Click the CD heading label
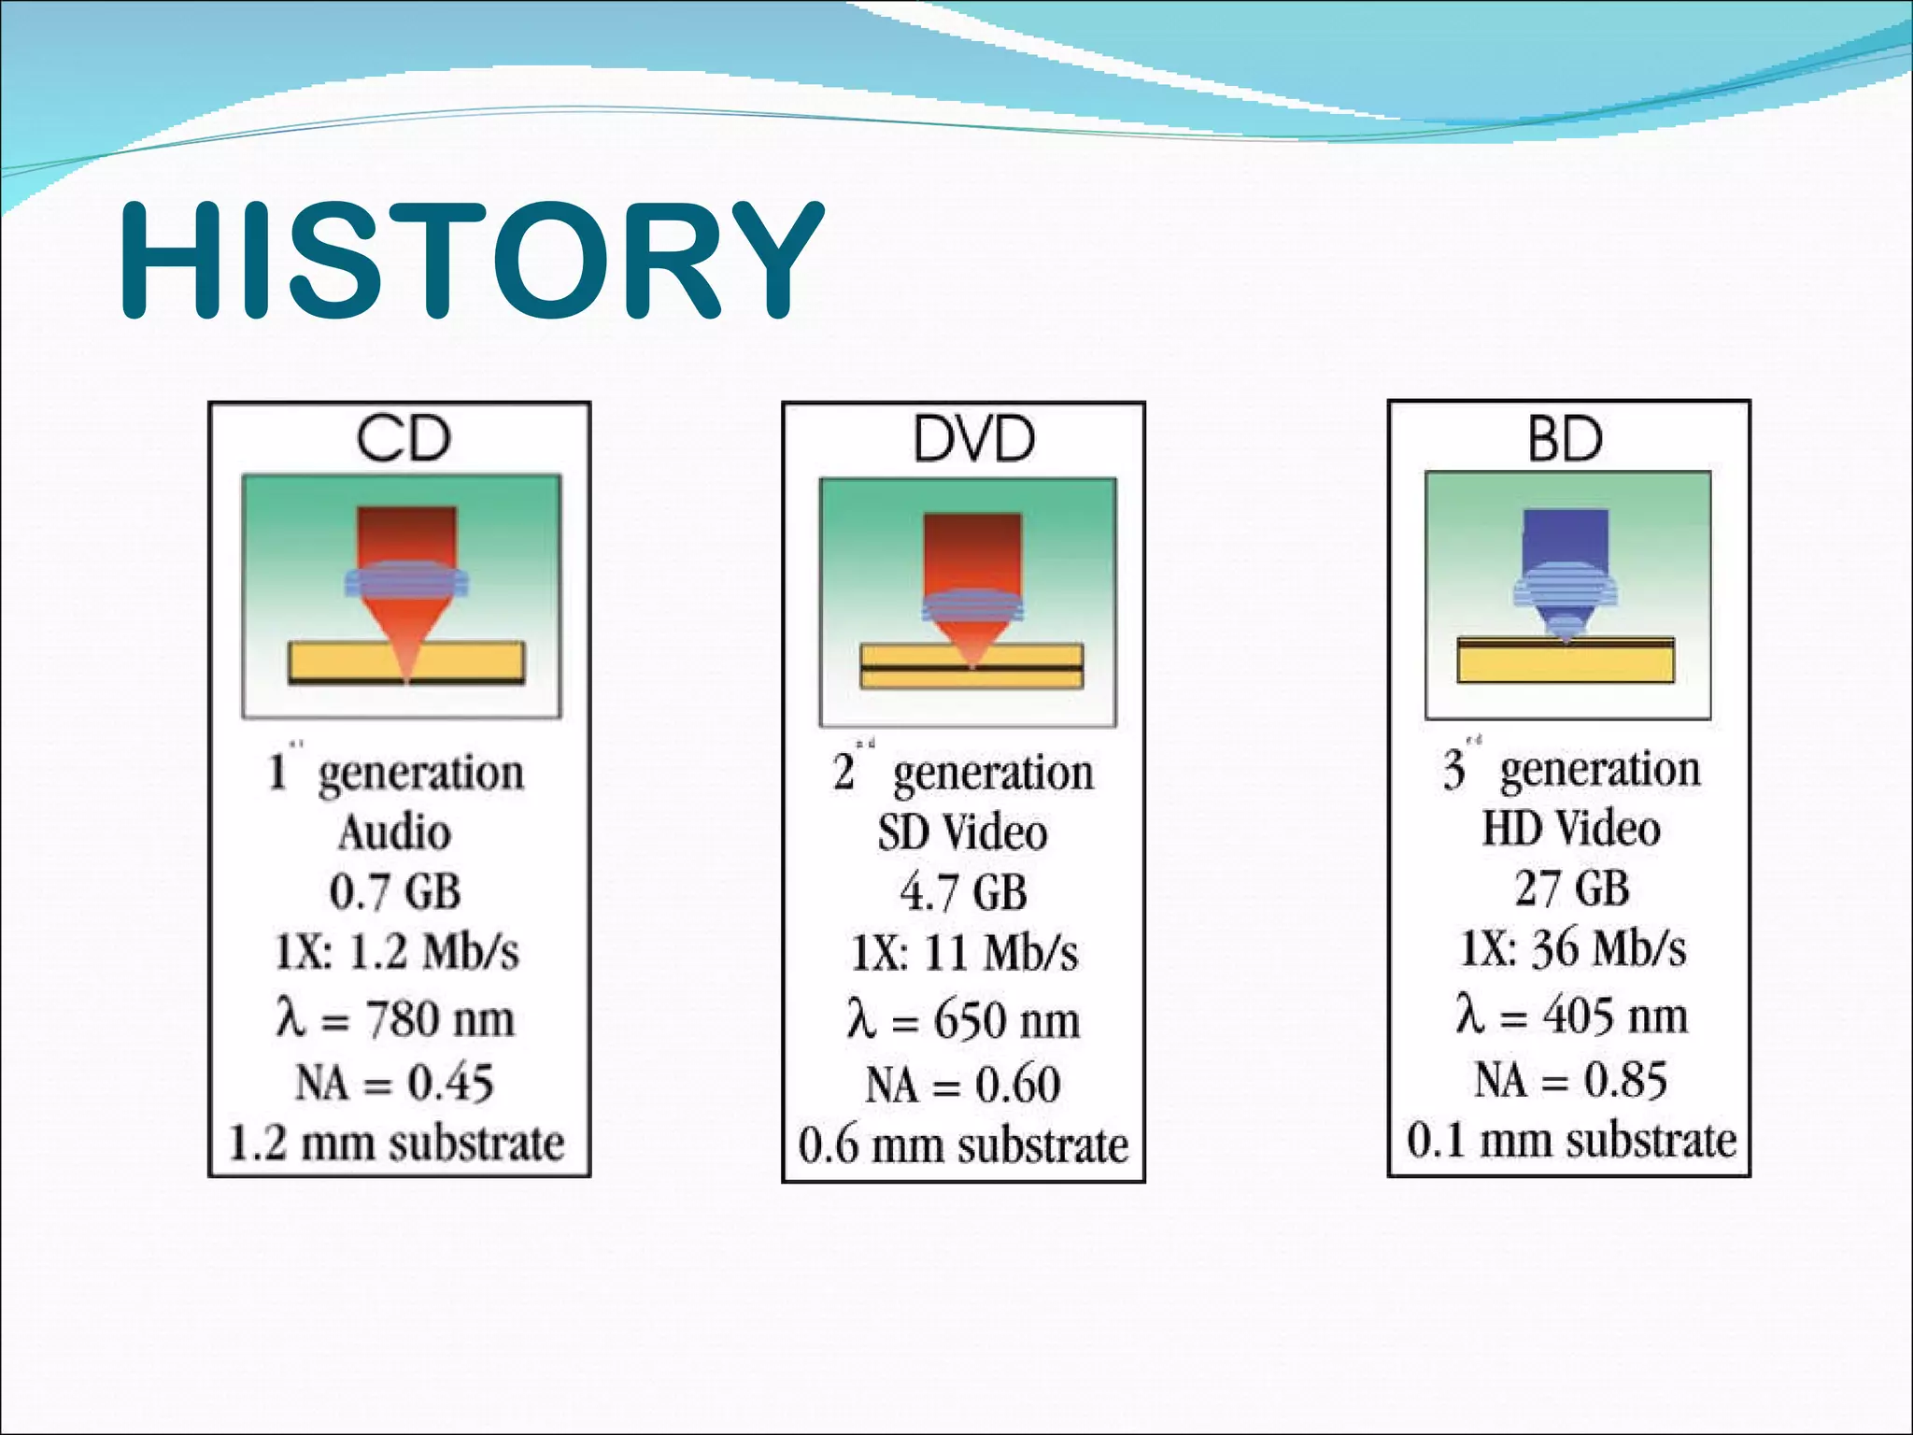[403, 438]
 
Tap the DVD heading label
[972, 438]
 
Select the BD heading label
[1566, 438]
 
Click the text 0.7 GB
[395, 891]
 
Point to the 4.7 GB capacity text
[963, 891]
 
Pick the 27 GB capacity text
[1572, 888]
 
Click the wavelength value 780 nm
[439, 1018]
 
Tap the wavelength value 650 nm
[1006, 1019]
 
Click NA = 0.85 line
[1570, 1080]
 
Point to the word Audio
[395, 831]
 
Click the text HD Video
[1571, 828]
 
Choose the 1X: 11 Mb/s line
[964, 954]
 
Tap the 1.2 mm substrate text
[397, 1143]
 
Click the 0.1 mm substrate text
[1571, 1140]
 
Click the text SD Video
[962, 831]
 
